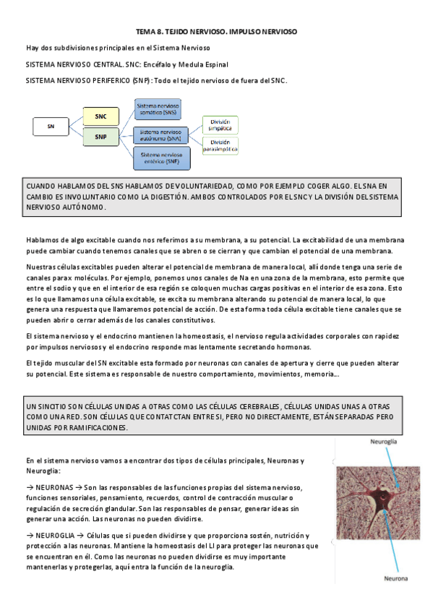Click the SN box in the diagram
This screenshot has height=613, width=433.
tap(51, 127)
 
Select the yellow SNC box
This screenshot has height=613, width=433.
tap(100, 116)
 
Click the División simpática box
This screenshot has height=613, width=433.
tap(220, 124)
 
